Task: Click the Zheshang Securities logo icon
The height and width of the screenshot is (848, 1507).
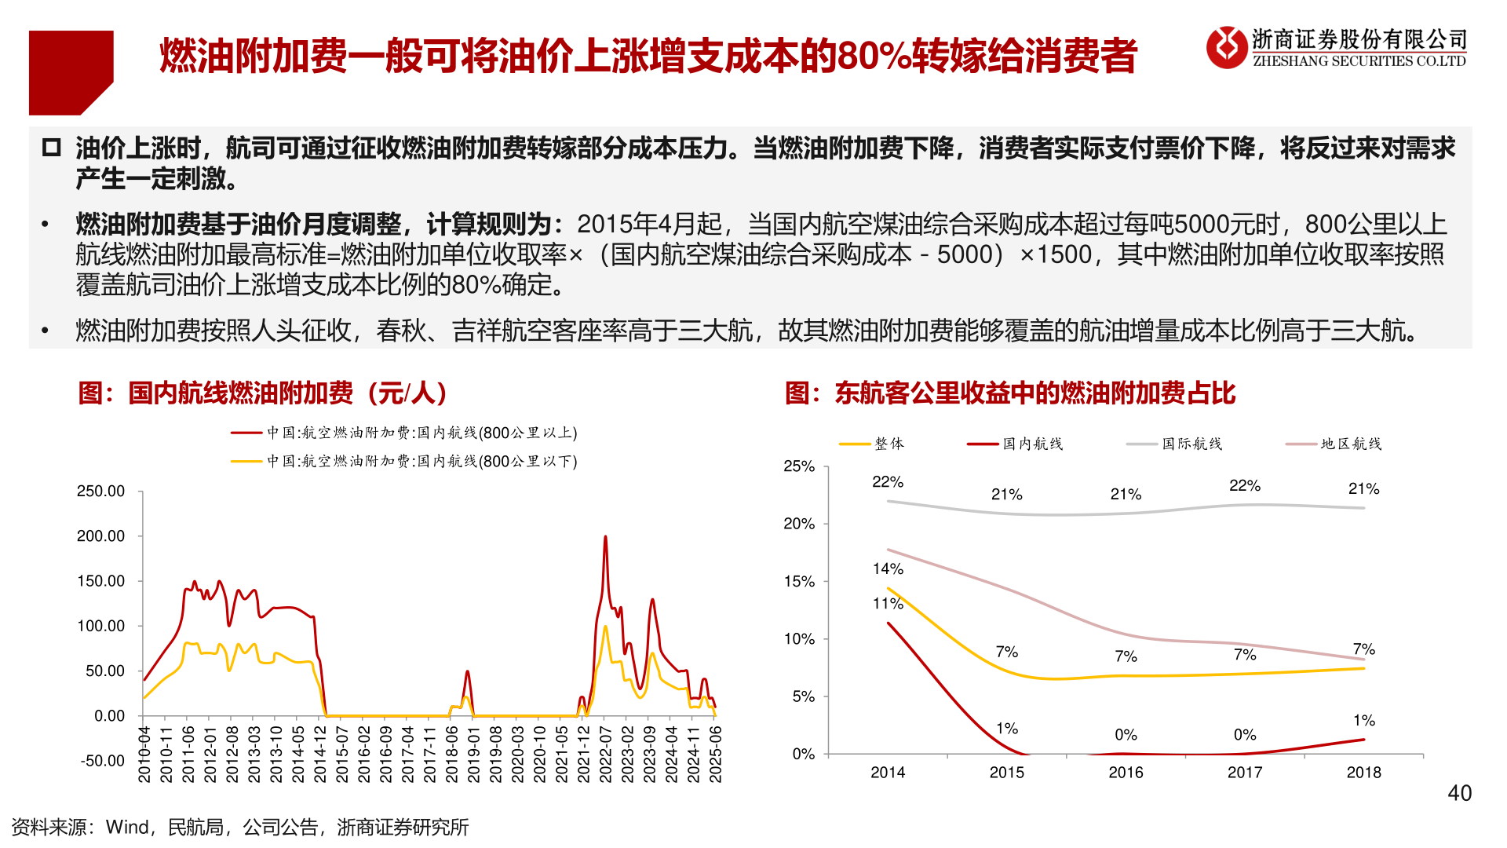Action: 1226,47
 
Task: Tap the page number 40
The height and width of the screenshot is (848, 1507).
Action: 1459,793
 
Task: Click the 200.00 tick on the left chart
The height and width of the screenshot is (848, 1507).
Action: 100,536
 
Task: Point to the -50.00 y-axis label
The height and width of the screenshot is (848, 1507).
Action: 102,761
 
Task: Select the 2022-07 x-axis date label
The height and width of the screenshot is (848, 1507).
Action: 605,754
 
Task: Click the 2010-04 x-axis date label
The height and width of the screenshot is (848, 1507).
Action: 144,754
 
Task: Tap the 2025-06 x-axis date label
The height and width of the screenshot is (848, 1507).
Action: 715,754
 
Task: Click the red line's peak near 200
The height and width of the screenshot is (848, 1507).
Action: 605,537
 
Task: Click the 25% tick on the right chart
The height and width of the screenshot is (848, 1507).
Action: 799,466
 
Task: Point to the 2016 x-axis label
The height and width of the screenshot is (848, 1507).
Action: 1126,773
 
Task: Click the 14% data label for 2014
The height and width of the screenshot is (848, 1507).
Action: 888,568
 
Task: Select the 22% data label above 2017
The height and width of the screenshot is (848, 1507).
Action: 1245,485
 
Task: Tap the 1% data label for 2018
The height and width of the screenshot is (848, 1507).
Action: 1364,720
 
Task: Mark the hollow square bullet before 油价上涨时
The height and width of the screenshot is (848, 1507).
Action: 52,148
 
